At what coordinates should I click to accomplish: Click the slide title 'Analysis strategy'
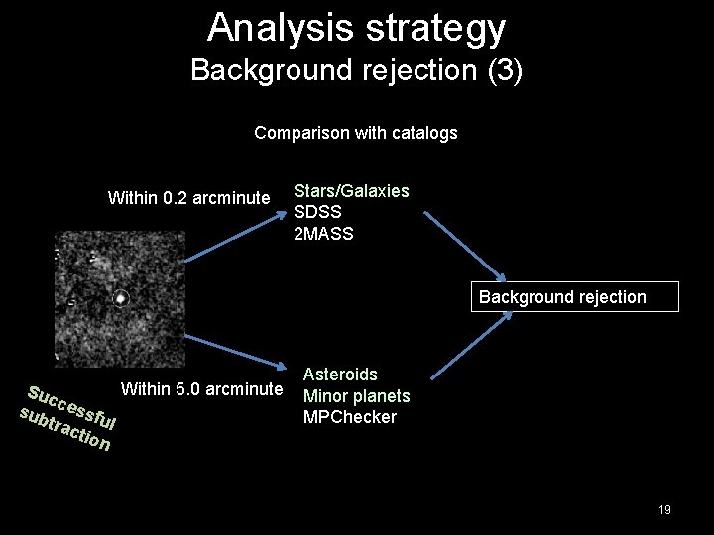point(356,28)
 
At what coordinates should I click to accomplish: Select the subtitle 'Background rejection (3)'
point(356,70)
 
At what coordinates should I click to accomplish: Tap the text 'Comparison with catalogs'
point(356,133)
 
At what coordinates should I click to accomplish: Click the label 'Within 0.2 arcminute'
point(188,198)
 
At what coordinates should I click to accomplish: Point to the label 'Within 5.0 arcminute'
point(201,388)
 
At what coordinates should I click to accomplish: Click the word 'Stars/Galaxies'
point(351,191)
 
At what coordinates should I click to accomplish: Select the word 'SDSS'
point(317,213)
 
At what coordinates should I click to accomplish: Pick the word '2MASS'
point(323,234)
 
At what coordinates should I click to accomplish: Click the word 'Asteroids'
point(340,374)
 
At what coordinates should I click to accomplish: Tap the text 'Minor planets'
point(356,396)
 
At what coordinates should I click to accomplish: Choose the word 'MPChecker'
point(349,417)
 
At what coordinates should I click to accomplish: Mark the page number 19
point(664,510)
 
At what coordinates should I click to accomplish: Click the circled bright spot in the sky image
point(120,297)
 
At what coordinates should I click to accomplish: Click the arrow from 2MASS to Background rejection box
point(466,248)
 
